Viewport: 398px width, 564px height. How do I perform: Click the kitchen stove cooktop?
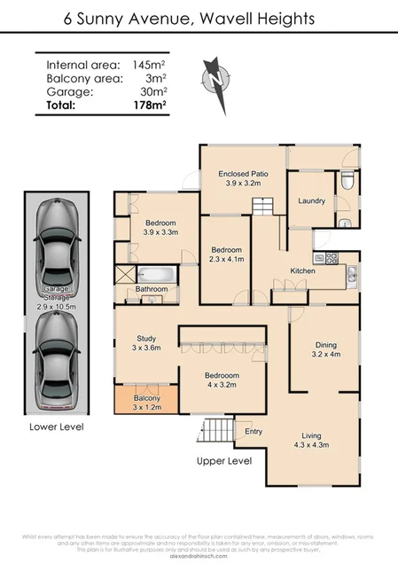[x=332, y=258]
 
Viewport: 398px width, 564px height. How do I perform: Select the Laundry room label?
[x=312, y=201]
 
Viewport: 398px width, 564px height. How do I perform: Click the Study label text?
[x=146, y=338]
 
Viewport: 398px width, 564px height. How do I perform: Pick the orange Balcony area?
[x=146, y=403]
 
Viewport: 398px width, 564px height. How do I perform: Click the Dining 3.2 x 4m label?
[x=324, y=349]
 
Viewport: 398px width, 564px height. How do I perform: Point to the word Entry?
[x=254, y=432]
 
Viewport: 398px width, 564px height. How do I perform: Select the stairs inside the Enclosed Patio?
[x=263, y=207]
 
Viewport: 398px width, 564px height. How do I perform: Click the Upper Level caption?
[x=224, y=461]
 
